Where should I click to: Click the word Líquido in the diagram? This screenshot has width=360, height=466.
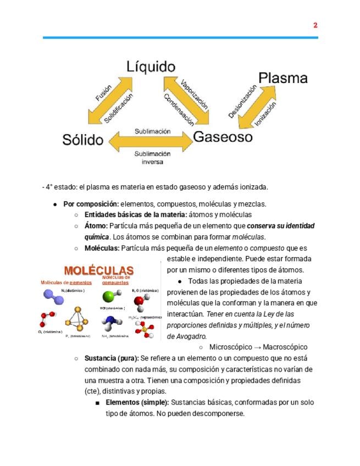pyautogui.click(x=151, y=67)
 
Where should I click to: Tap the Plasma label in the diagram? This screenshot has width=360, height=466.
pyautogui.click(x=283, y=78)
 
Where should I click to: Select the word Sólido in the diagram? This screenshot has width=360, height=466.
pyautogui.click(x=82, y=140)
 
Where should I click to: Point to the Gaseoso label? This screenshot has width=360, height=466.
pyautogui.click(x=222, y=136)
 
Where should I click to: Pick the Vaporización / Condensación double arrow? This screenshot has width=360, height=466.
pyautogui.click(x=186, y=101)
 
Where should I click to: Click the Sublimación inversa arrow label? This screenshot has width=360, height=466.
pyautogui.click(x=152, y=158)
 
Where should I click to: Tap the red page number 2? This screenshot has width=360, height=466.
pyautogui.click(x=315, y=25)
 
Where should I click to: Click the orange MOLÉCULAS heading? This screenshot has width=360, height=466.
pyautogui.click(x=98, y=270)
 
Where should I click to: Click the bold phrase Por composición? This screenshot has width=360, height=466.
pyautogui.click(x=91, y=204)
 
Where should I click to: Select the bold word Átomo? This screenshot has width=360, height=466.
pyautogui.click(x=96, y=226)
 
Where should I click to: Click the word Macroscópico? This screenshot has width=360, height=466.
pyautogui.click(x=285, y=347)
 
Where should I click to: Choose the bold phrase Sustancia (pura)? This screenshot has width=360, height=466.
pyautogui.click(x=112, y=358)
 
